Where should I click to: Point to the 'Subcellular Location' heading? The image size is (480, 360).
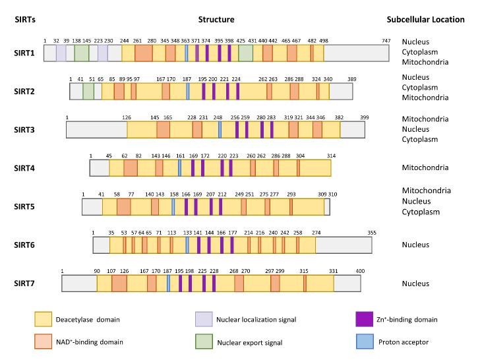[x=425, y=19]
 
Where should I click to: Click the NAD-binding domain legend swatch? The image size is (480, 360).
[x=43, y=342]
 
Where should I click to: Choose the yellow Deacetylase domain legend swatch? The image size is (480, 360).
[x=43, y=320]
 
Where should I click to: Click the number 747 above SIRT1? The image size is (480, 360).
[x=387, y=41]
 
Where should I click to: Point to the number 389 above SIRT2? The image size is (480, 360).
[x=352, y=79]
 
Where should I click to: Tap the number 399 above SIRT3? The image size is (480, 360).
[x=364, y=117]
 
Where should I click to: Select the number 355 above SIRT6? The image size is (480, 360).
[x=372, y=232]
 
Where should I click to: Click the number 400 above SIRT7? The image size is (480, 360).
[x=360, y=270]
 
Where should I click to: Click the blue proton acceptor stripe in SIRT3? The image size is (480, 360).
[x=220, y=129]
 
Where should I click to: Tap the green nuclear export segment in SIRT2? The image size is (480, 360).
[x=88, y=91]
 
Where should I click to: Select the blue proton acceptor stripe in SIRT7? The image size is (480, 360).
[x=169, y=284]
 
